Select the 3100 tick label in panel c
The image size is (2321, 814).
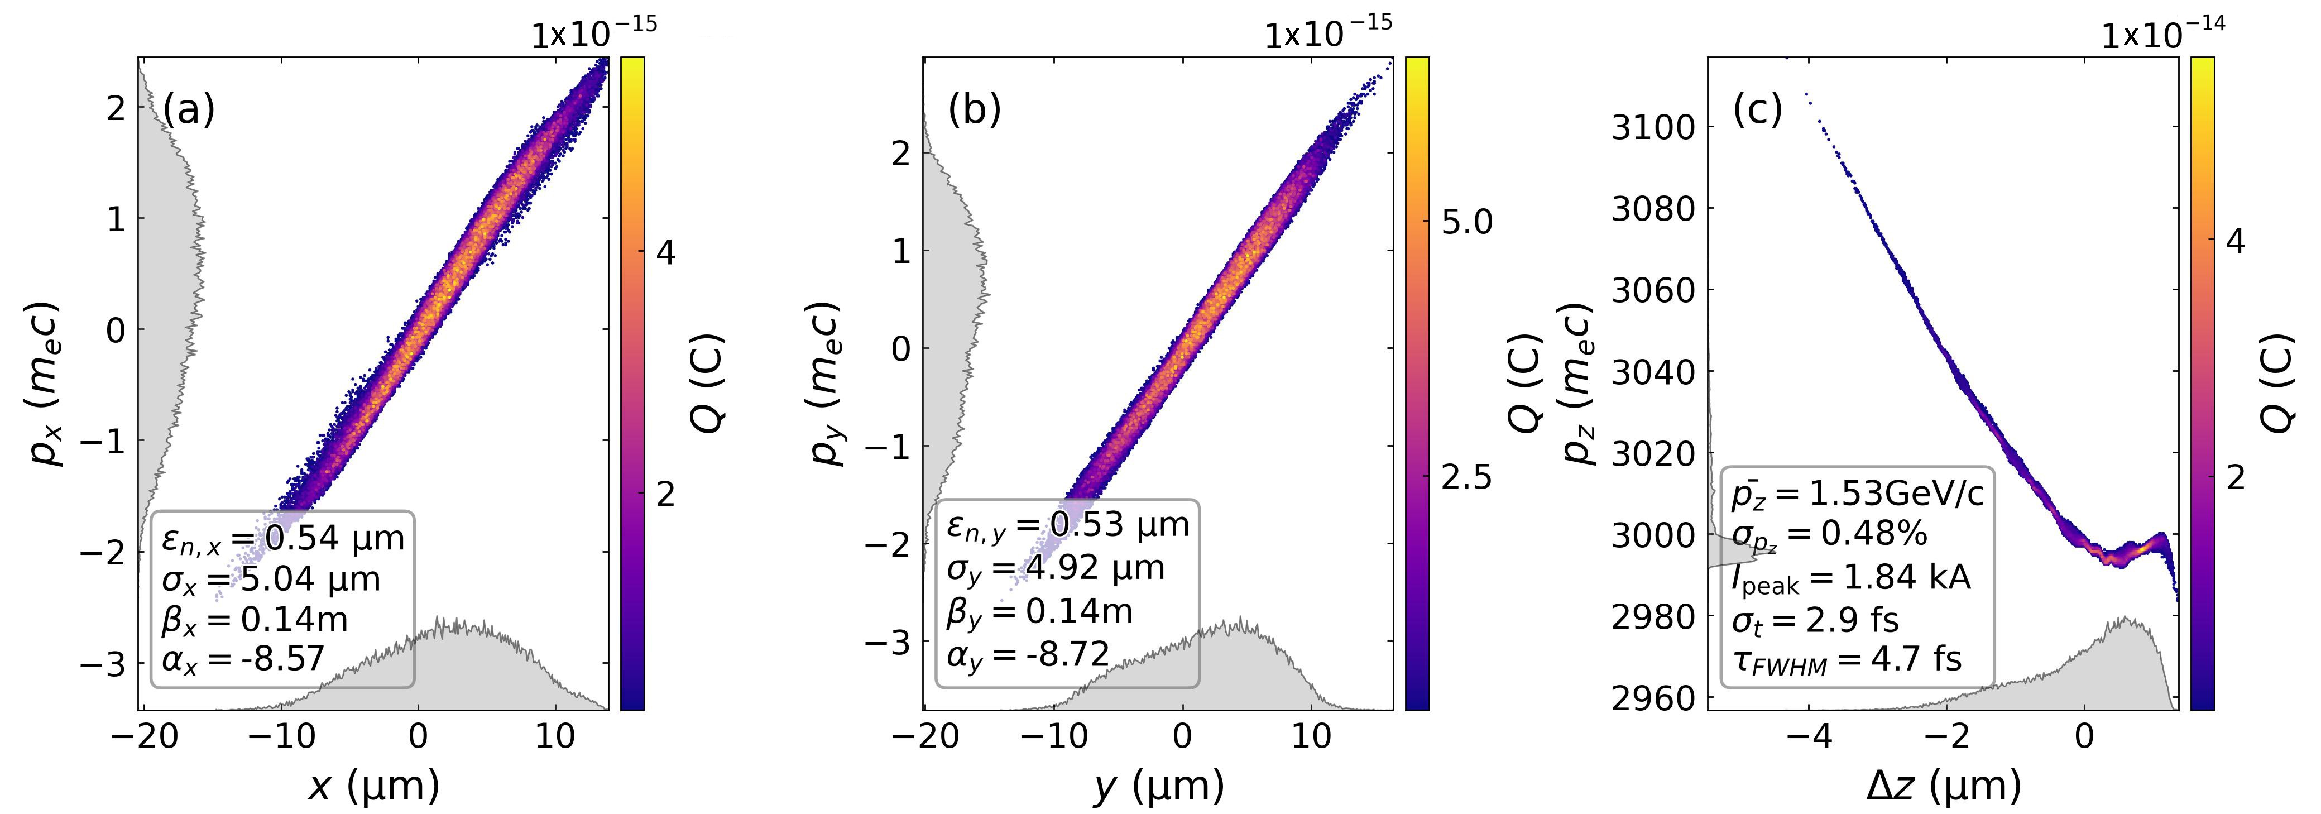click(x=1652, y=128)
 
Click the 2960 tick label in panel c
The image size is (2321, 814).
click(x=1652, y=698)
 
